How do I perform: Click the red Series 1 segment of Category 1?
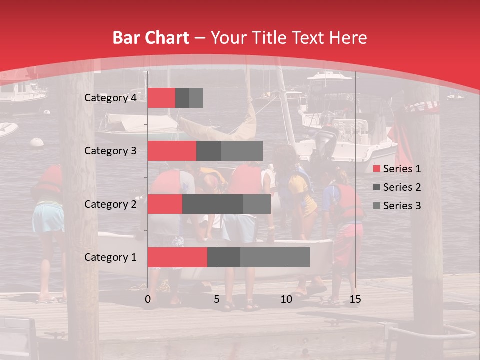click(x=177, y=257)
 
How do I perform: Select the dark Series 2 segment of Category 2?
click(x=213, y=204)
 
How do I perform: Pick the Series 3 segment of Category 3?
click(x=242, y=151)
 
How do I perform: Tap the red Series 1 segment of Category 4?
click(x=161, y=98)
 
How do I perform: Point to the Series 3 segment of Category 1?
click(x=275, y=257)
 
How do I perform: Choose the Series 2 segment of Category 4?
click(x=182, y=98)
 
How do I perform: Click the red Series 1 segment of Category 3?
click(x=172, y=151)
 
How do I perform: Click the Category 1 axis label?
click(x=110, y=257)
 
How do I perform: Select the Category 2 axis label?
click(x=110, y=204)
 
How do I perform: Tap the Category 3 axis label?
click(x=110, y=151)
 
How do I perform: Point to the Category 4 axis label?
click(x=110, y=98)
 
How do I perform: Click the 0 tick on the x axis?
click(x=148, y=299)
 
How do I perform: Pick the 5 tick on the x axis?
click(x=217, y=299)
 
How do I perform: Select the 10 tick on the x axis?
click(x=286, y=299)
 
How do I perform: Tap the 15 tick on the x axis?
click(x=355, y=299)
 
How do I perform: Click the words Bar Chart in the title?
click(x=151, y=38)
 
